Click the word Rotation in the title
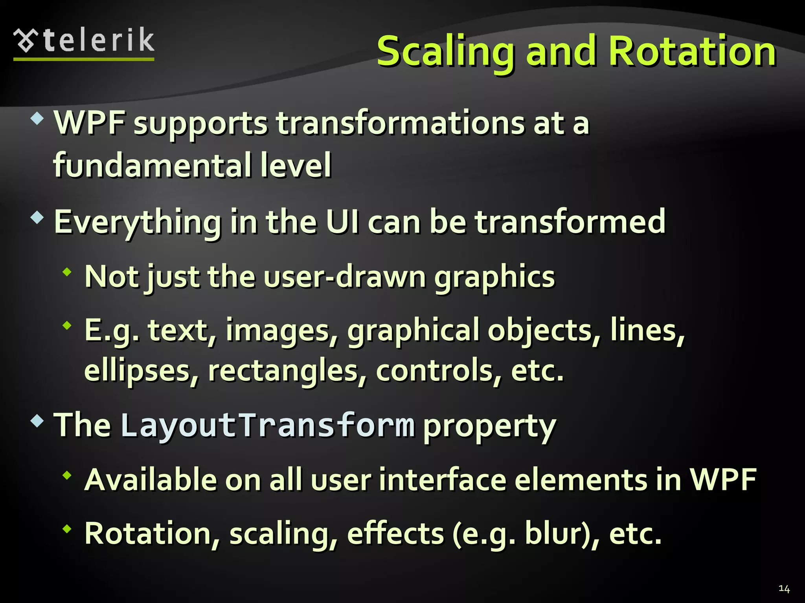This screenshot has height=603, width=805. [x=692, y=51]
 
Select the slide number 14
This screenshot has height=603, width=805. [x=784, y=588]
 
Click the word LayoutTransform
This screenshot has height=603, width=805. [x=268, y=426]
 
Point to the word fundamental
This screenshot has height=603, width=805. [x=152, y=165]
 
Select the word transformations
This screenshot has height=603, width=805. [x=400, y=123]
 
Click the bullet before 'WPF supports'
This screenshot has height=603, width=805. [x=37, y=118]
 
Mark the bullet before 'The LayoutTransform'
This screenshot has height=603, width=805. [x=37, y=421]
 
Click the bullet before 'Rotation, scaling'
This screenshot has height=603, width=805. [x=67, y=529]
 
